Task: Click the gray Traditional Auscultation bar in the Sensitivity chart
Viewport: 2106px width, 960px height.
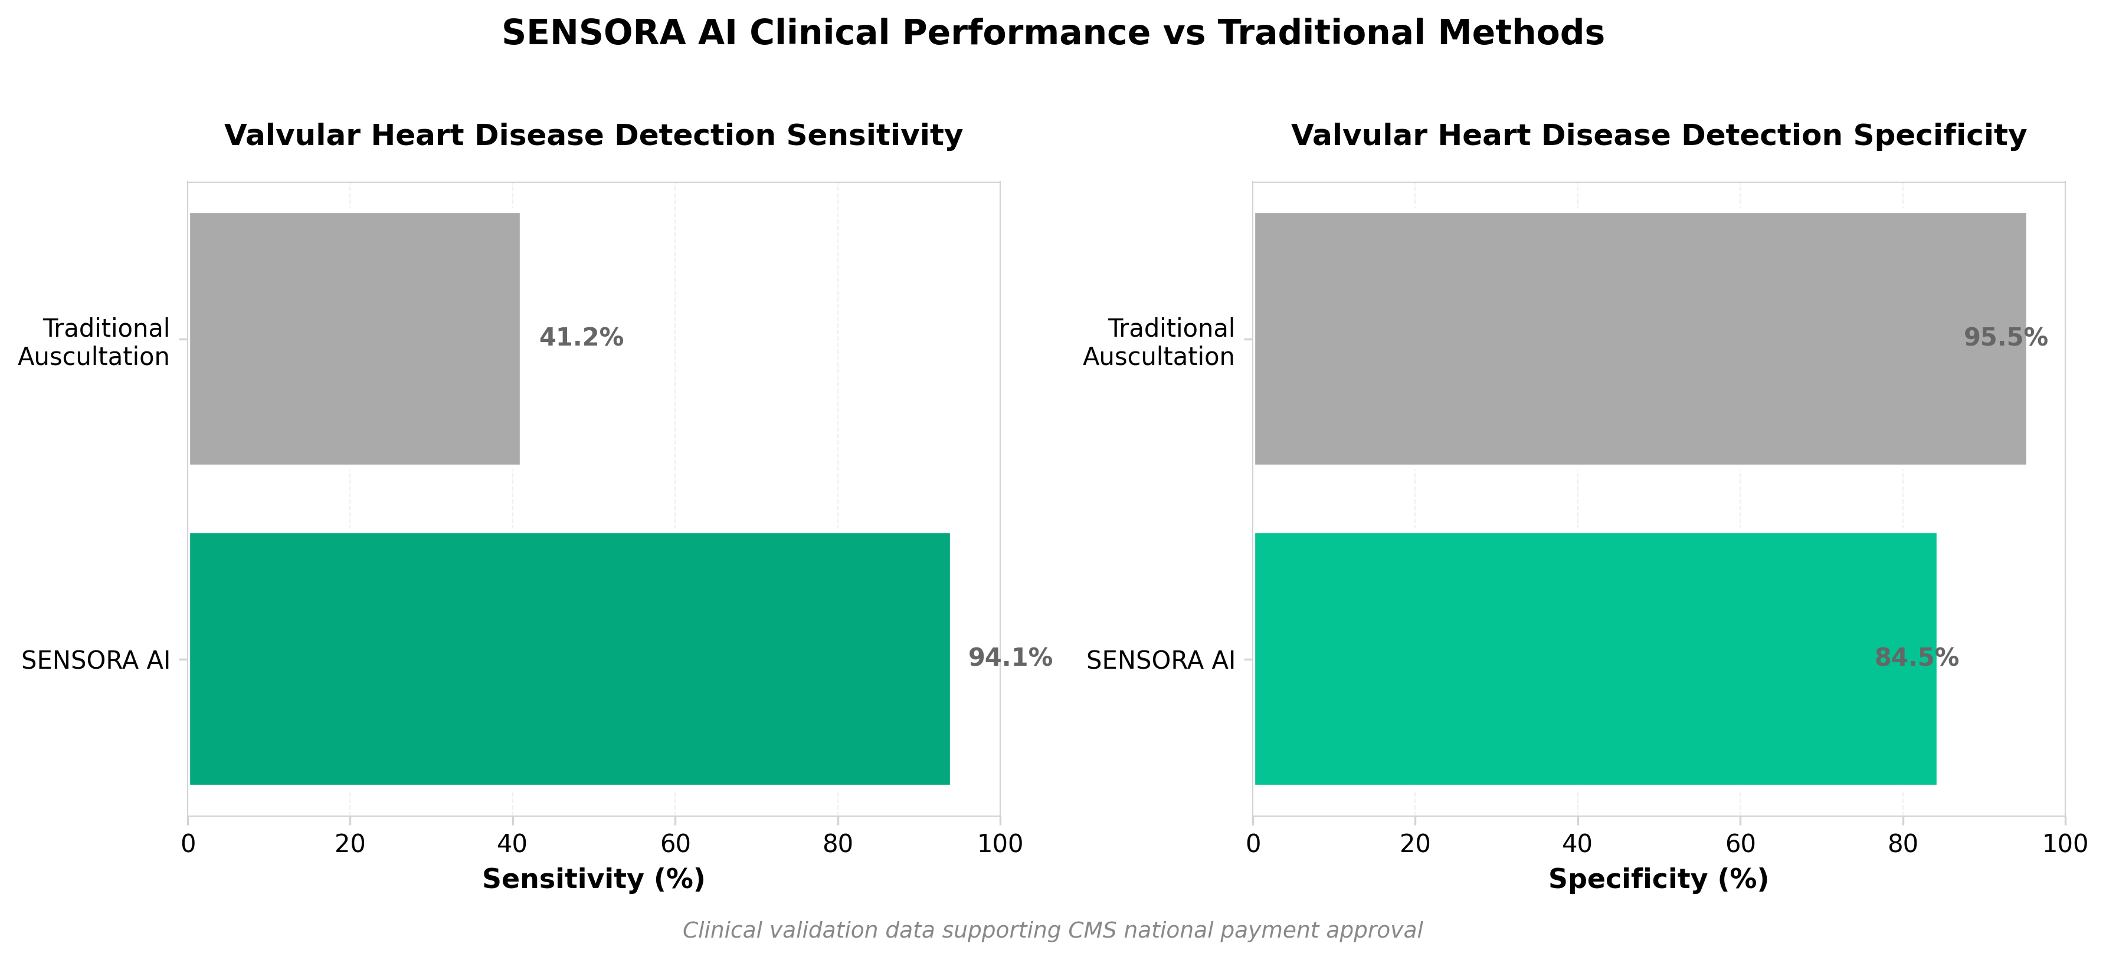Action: [x=354, y=338]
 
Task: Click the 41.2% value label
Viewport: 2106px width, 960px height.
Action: [x=581, y=337]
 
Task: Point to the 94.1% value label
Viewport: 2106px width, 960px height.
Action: [x=1010, y=657]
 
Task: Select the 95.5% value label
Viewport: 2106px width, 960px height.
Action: [x=2006, y=337]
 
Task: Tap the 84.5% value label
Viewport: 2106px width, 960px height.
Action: [x=1917, y=657]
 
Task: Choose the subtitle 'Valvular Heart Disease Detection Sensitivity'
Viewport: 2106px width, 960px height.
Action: [x=594, y=136]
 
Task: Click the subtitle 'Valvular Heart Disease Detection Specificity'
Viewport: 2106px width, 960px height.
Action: [x=1659, y=136]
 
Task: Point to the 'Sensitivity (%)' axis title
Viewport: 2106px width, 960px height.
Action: [x=594, y=880]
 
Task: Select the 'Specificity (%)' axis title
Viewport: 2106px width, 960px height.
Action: [x=1659, y=880]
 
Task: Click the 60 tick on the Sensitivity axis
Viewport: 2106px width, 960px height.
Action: [x=675, y=844]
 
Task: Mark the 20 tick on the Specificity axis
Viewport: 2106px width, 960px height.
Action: [x=1415, y=844]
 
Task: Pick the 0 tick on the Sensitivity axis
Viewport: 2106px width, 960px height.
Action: [x=188, y=844]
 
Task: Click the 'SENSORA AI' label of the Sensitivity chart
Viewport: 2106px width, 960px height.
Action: [x=96, y=660]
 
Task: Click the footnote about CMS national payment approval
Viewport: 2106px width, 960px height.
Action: [x=1053, y=931]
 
